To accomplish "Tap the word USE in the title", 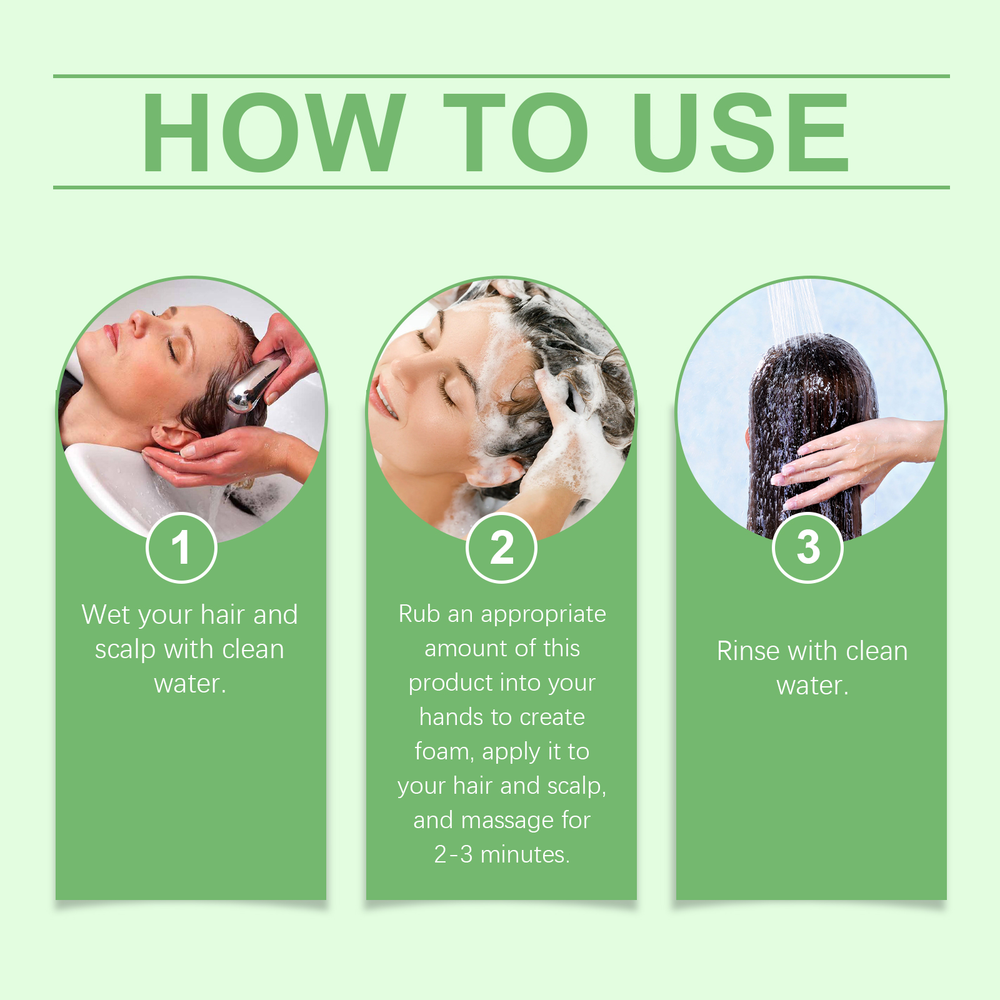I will [741, 132].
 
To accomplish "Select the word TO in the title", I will [516, 132].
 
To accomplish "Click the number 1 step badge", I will [181, 547].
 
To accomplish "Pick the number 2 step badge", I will [501, 547].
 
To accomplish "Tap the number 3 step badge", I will [807, 547].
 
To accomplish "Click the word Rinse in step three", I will [747, 651].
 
